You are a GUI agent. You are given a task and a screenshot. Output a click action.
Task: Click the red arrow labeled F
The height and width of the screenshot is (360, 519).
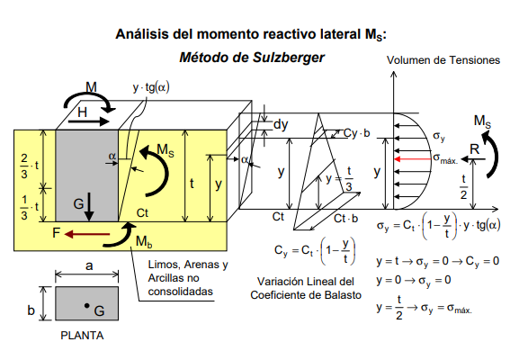[x=87, y=235]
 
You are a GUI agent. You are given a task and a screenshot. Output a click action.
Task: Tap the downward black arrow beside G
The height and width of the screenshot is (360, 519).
[x=89, y=207]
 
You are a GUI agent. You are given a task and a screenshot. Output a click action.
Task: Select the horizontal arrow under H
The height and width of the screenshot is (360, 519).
[x=89, y=121]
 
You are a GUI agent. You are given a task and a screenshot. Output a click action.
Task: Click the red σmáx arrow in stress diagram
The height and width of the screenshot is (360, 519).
[x=413, y=159]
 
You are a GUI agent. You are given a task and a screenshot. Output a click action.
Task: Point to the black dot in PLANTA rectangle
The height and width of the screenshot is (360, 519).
[x=86, y=305]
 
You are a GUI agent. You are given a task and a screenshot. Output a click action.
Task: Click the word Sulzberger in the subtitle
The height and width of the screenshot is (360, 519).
[x=289, y=58]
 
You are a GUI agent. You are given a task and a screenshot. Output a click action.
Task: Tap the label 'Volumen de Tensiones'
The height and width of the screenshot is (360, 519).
[x=443, y=60]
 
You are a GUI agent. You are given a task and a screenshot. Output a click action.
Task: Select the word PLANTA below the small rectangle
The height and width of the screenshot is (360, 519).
[x=82, y=336]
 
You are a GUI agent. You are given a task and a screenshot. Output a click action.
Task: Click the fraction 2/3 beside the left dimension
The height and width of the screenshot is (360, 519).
[x=24, y=166]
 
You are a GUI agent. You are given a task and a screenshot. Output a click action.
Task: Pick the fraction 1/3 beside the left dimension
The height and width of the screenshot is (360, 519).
[x=24, y=207]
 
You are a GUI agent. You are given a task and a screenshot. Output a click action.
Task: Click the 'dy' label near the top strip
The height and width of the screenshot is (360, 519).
[x=281, y=125]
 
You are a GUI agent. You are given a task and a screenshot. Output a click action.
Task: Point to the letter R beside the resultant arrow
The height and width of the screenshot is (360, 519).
[x=474, y=149]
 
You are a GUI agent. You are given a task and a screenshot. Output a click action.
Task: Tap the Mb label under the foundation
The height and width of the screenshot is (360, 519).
[x=144, y=241]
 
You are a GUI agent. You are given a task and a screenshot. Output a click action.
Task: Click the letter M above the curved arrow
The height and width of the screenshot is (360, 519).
[x=91, y=87]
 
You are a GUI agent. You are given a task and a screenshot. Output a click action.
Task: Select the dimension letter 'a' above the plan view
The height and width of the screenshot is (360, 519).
[x=89, y=265]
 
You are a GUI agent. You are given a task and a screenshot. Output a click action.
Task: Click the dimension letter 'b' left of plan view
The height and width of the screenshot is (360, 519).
[x=31, y=310]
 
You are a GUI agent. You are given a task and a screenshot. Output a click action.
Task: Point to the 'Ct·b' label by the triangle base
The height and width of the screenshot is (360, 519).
[x=346, y=219]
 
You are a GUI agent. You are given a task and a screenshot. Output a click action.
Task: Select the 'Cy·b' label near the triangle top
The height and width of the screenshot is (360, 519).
[x=356, y=133]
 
